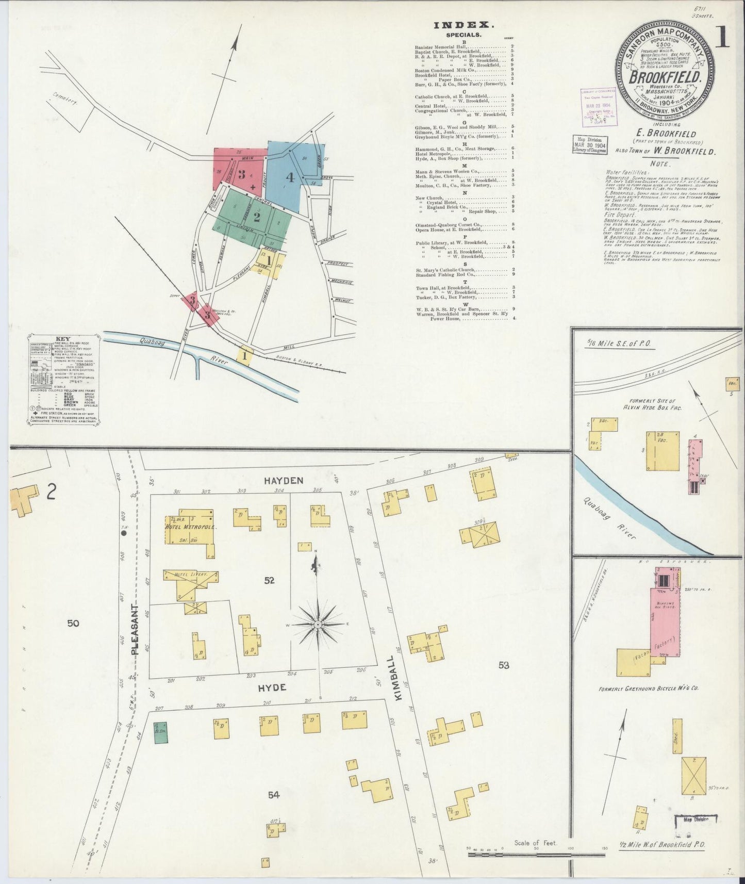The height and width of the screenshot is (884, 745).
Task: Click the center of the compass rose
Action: pos(319,625)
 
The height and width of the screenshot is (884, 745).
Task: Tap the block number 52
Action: pos(269,581)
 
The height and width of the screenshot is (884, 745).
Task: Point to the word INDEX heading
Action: pos(463,25)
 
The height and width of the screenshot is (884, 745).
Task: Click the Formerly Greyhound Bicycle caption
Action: pos(648,689)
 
